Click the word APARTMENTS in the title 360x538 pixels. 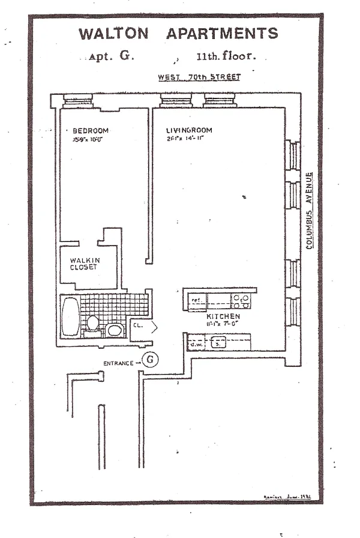[x=222, y=34]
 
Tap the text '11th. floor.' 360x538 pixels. [x=226, y=58]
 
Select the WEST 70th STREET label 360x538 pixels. [x=199, y=77]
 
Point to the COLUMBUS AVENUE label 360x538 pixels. [x=309, y=211]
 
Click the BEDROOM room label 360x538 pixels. [x=91, y=131]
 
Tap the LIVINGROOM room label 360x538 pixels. [x=190, y=130]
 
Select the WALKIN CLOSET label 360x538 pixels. [x=84, y=263]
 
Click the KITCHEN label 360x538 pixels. [x=223, y=316]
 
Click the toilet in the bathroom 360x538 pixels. [x=92, y=323]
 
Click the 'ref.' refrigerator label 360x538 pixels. [x=196, y=299]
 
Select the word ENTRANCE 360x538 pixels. [x=118, y=363]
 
